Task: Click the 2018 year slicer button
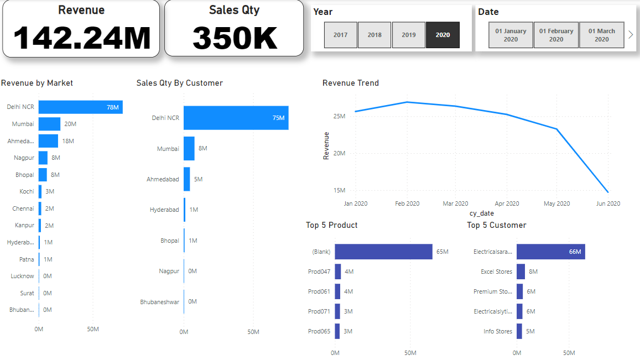[374, 35]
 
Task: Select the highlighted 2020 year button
[443, 35]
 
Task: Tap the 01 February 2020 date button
[556, 35]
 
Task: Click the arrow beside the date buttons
[631, 34]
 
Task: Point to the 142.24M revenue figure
[81, 38]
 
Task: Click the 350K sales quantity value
[234, 38]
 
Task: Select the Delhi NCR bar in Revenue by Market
[80, 107]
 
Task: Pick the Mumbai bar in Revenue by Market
[49, 124]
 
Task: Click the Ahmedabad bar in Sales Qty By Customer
[187, 179]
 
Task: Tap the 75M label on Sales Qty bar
[278, 118]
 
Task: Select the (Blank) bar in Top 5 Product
[383, 252]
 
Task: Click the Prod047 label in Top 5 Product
[319, 272]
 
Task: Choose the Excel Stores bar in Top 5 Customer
[521, 272]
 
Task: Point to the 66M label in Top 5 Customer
[575, 252]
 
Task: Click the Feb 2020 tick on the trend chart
[407, 204]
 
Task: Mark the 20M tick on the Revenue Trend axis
[339, 153]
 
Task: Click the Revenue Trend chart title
[351, 83]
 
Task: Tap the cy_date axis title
[481, 213]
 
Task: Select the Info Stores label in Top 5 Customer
[498, 331]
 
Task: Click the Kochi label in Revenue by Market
[27, 191]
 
